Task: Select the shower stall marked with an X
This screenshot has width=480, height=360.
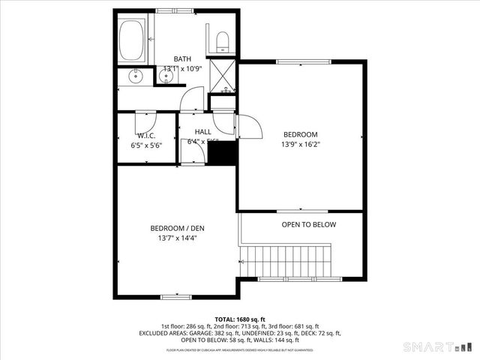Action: point(223,73)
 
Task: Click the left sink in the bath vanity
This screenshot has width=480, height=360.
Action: point(136,76)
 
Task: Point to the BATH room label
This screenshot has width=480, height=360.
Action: point(182,58)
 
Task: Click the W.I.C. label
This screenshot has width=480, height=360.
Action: point(145,136)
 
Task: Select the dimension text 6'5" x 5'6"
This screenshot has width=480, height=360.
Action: point(145,146)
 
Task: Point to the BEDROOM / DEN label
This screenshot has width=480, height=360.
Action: point(177,228)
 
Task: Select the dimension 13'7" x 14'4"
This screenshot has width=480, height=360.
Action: point(177,238)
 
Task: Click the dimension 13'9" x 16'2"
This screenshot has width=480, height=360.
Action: point(300,145)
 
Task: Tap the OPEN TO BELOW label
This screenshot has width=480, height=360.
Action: point(308,224)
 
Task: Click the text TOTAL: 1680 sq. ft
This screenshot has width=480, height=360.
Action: point(240,319)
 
